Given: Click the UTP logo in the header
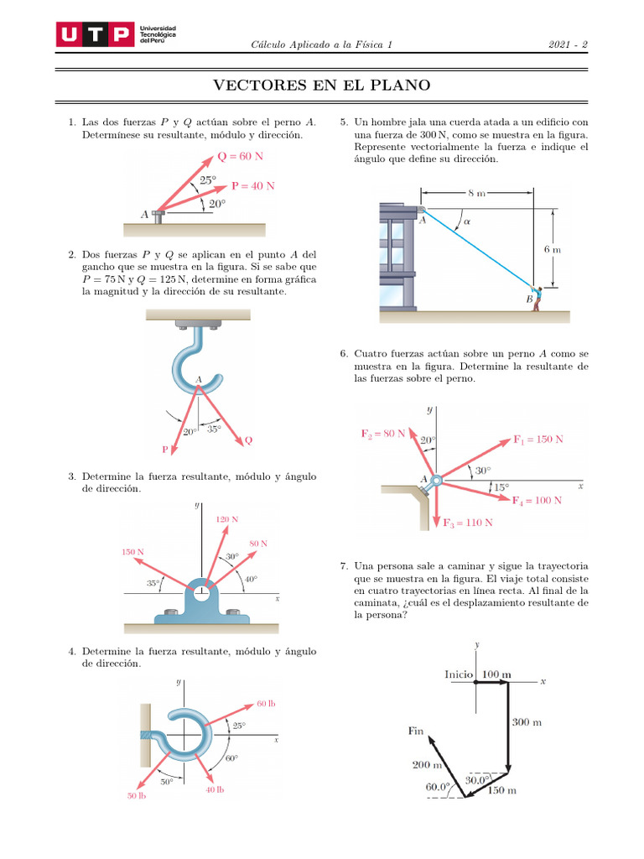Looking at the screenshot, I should pos(95,34).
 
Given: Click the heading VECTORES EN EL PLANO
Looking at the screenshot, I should pos(322,85).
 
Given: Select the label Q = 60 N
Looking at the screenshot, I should pos(241,156).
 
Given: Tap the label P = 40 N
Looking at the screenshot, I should pos(253,185).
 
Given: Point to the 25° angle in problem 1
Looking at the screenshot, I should pos(208,180).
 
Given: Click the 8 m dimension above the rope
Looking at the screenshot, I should pos(477,194).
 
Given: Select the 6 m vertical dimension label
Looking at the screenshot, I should pos(552,249).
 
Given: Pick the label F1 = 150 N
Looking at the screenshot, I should pos(538,439).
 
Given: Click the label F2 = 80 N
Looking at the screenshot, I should pos(383,434).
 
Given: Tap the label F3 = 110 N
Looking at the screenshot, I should pos(467,523).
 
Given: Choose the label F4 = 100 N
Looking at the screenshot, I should pos(537,500).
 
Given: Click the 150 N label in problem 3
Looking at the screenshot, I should pos(132,552).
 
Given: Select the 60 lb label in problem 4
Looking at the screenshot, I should pos(265,703).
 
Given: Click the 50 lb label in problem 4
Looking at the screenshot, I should pos(137,795).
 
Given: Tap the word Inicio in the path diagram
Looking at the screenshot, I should pos(460,674).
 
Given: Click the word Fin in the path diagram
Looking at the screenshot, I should pos(417,731).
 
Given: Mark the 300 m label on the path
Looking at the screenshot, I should pos(526,722).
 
